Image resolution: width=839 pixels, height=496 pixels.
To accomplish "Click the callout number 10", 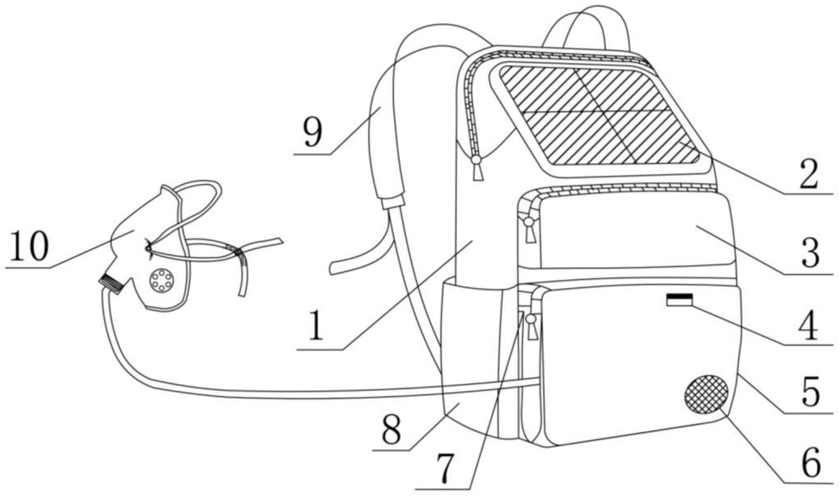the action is point(29,246).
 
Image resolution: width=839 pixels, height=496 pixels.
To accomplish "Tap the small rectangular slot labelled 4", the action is point(679,300).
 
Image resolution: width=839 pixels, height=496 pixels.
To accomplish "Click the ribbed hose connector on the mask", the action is point(111,283).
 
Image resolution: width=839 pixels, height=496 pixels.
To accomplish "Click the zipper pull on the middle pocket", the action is point(530,229).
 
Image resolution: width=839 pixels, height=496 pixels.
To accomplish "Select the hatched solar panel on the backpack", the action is point(599,116).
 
